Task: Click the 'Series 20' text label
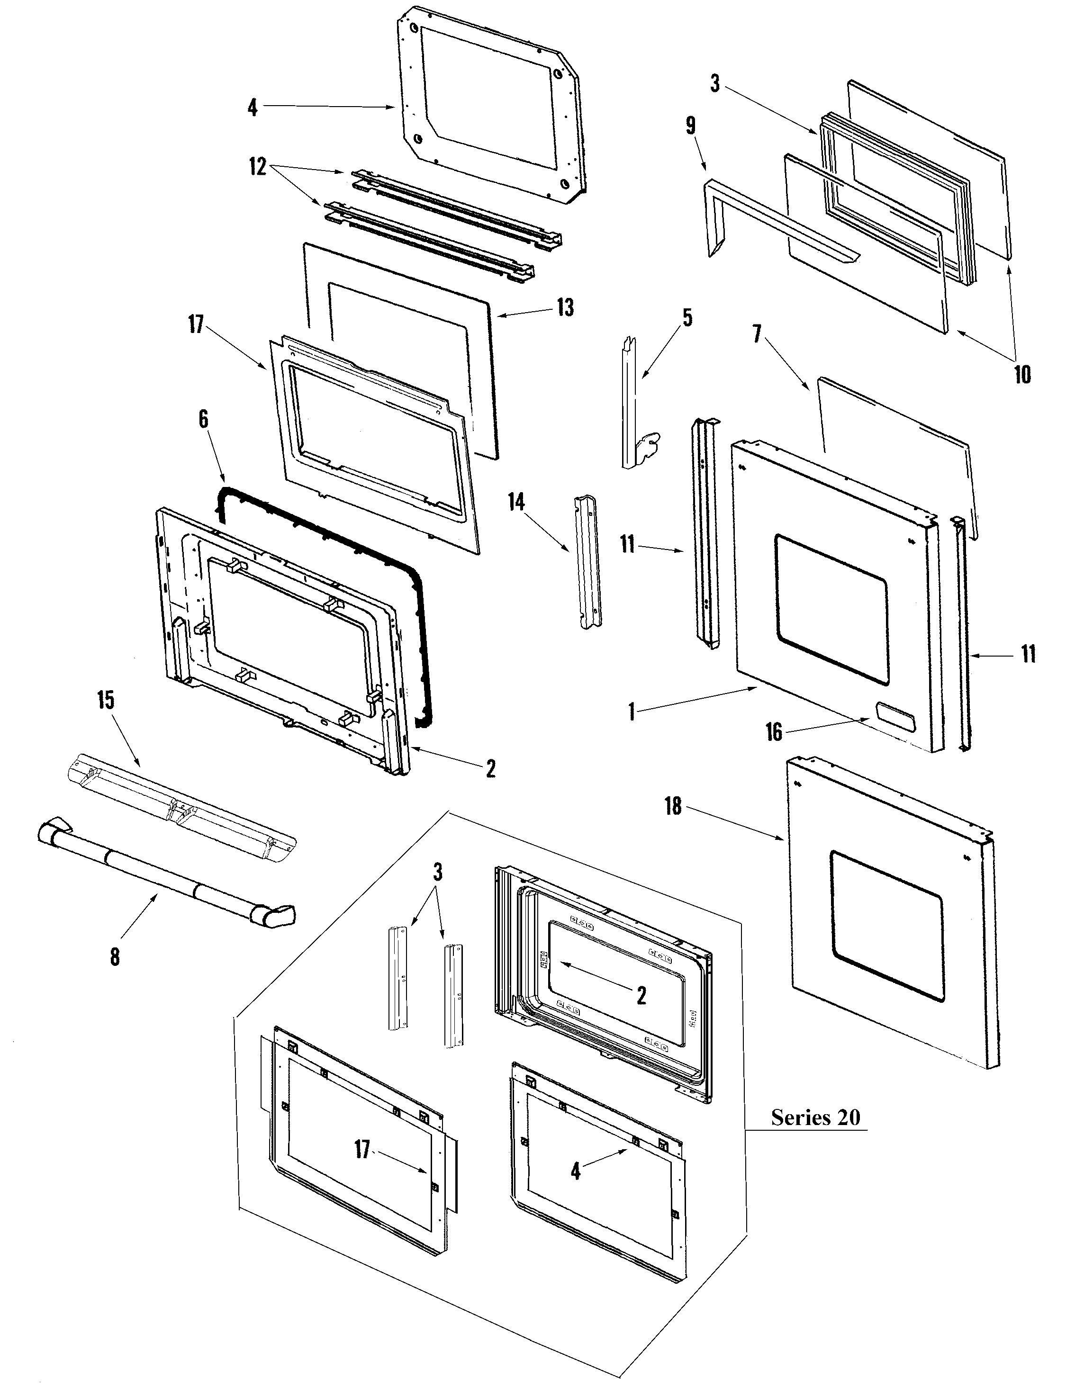click(815, 1135)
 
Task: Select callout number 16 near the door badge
click(774, 732)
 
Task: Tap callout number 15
click(106, 701)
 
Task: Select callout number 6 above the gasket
click(204, 419)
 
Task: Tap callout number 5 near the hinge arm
click(688, 317)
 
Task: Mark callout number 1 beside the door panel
click(632, 712)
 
